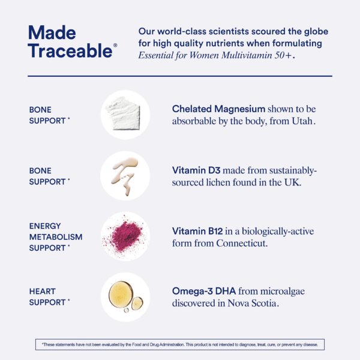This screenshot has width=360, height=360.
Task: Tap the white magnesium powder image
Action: [124, 114]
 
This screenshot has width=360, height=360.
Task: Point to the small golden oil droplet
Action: [137, 303]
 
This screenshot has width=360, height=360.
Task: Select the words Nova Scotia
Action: [254, 304]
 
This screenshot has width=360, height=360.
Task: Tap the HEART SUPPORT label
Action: [48, 296]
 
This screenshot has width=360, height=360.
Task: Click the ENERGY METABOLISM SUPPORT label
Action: [55, 236]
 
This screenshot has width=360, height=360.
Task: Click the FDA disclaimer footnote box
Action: [180, 344]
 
